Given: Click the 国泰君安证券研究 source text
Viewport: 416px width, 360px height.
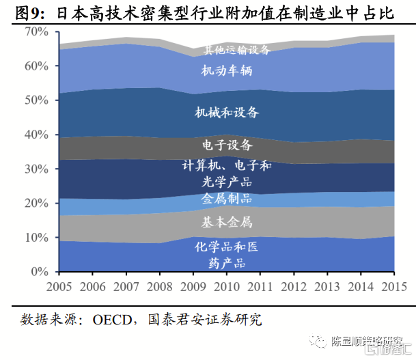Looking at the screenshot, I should point(205,320).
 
